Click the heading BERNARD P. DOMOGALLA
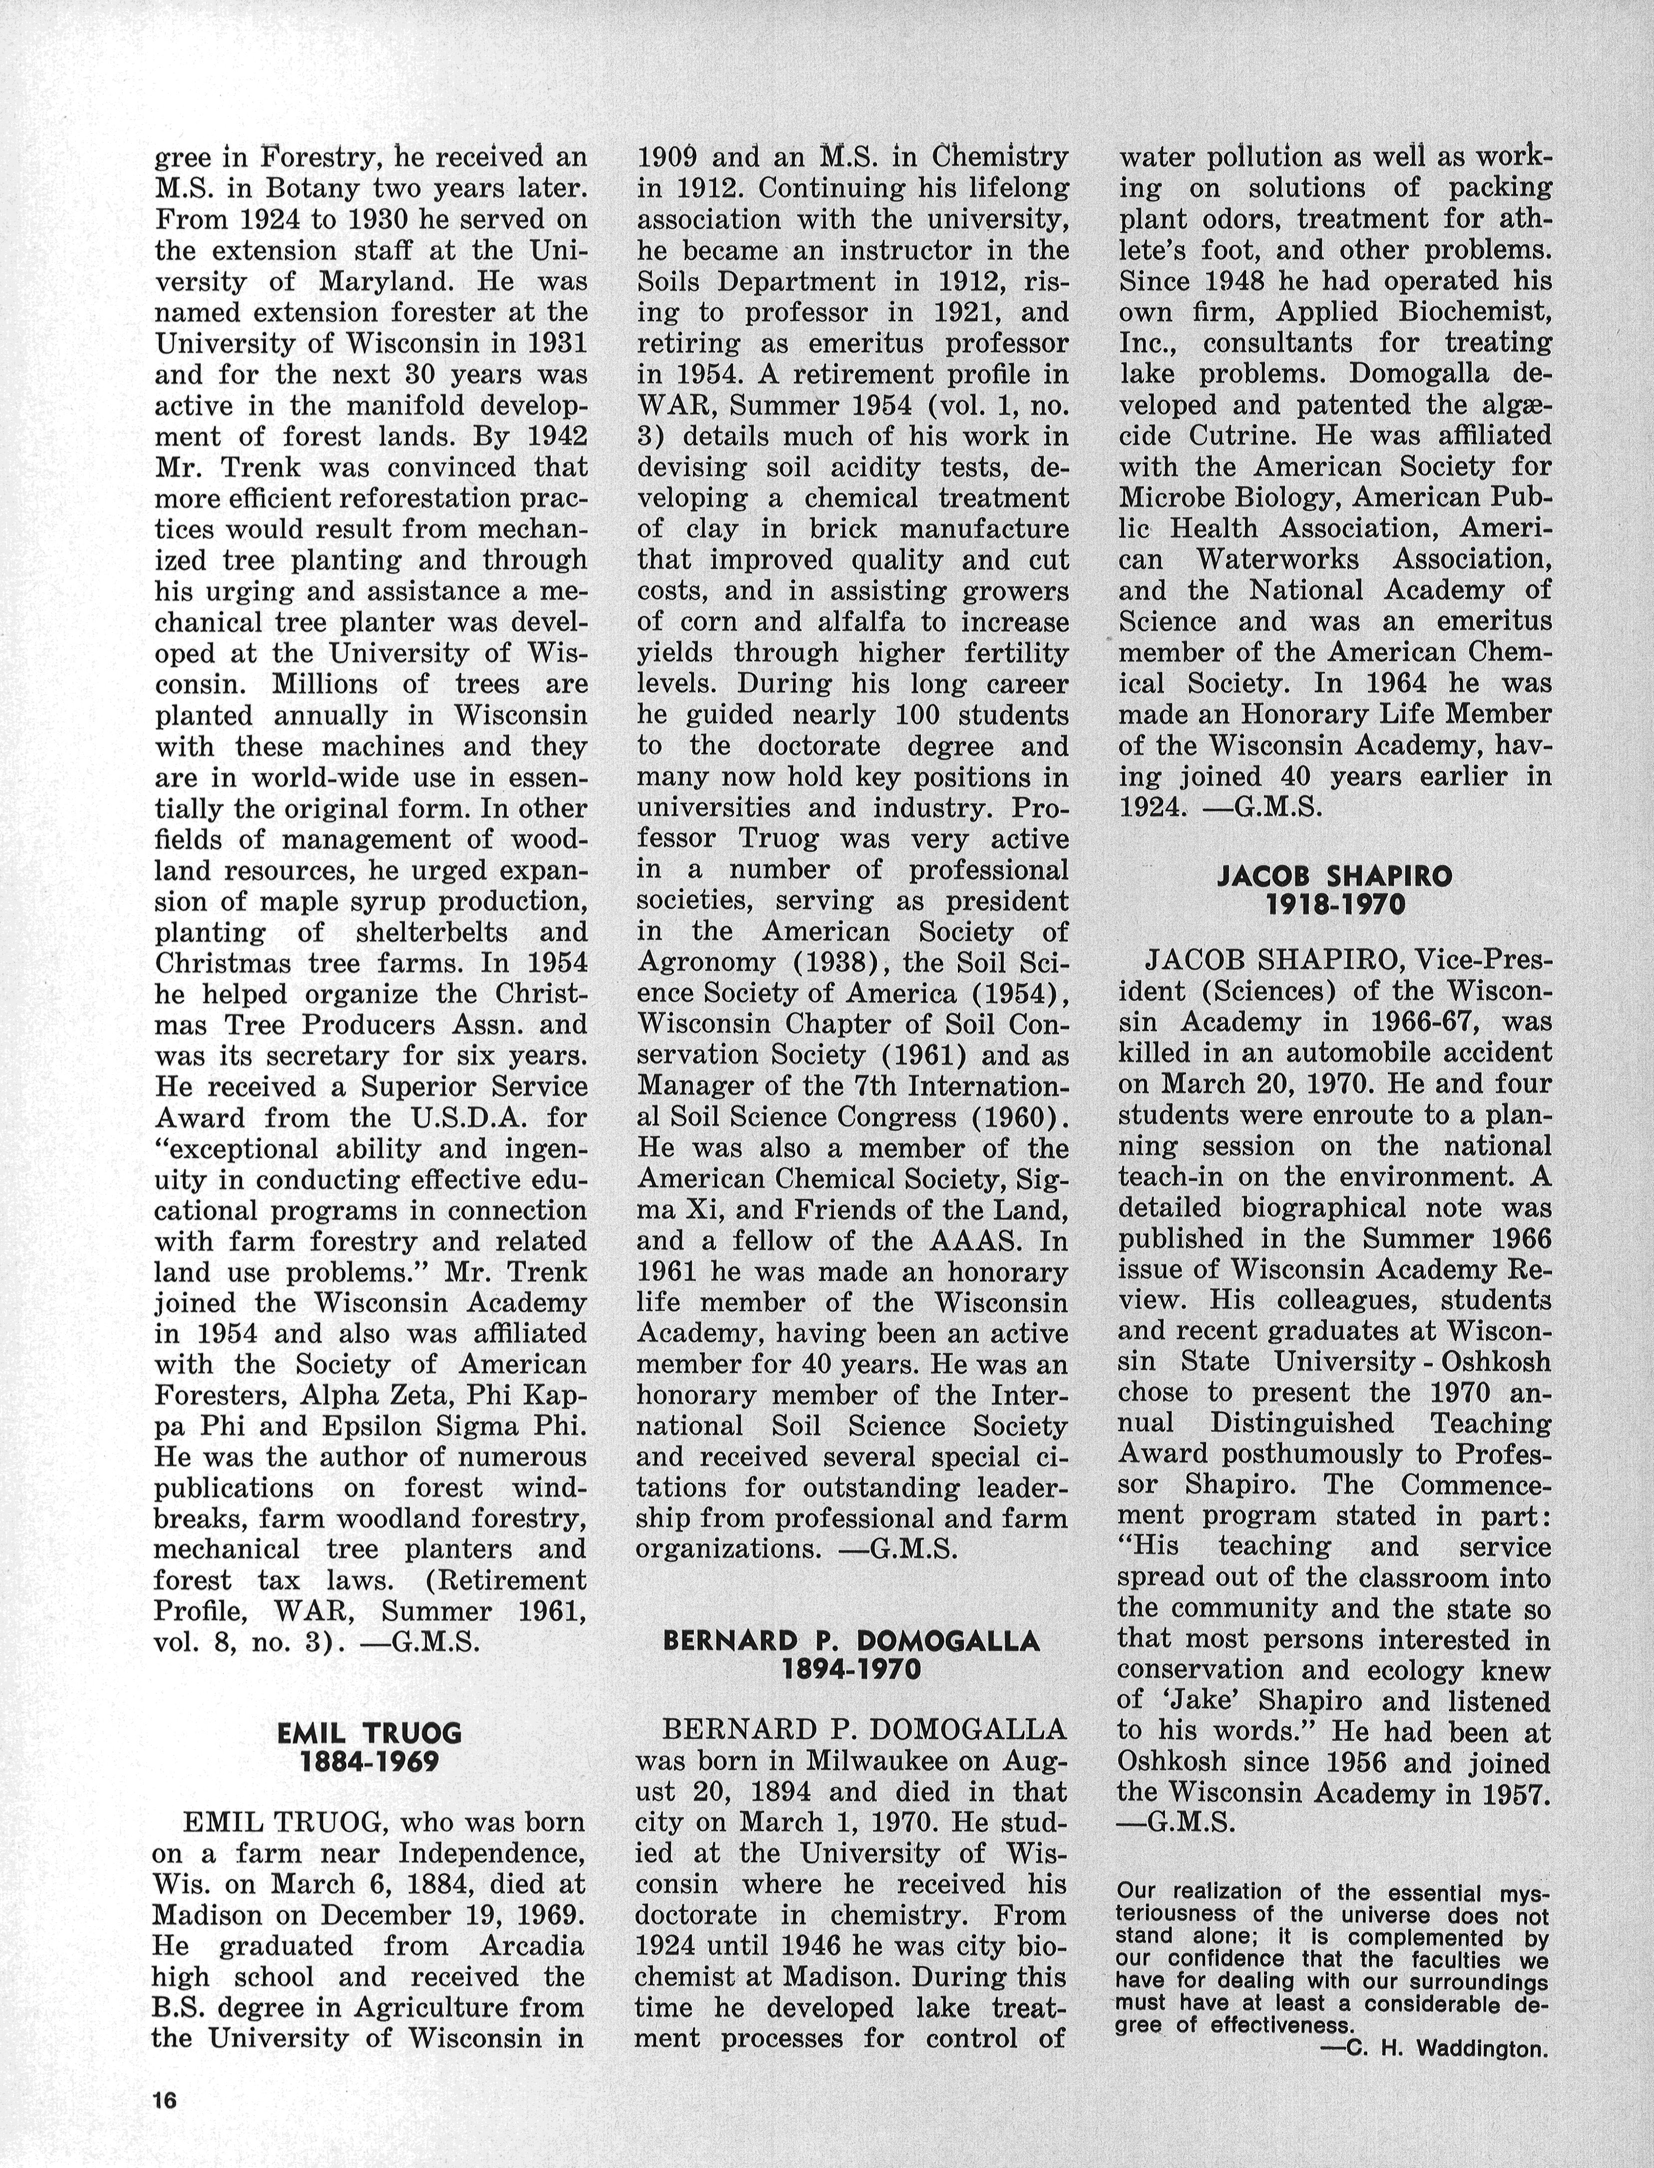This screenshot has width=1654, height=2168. point(850,1640)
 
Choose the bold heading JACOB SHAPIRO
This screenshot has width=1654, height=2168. point(1335,876)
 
